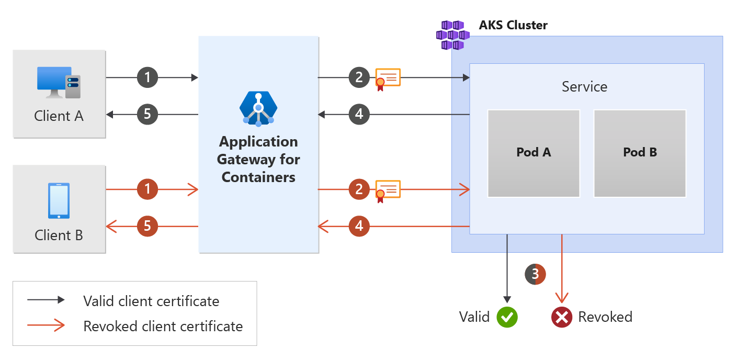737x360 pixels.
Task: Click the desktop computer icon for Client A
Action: (x=59, y=82)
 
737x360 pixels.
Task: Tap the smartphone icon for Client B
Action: (x=59, y=200)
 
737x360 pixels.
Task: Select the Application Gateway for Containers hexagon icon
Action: (x=258, y=108)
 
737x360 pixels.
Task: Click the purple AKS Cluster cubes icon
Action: (x=452, y=35)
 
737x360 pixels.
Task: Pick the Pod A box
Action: (x=534, y=153)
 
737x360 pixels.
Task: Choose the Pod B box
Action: (x=640, y=153)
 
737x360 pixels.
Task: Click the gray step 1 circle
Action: (x=148, y=78)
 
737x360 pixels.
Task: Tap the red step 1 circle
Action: (x=148, y=189)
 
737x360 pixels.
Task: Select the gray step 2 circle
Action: (x=359, y=78)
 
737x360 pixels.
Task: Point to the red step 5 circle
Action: (x=148, y=227)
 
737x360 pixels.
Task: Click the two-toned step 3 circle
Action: (x=535, y=274)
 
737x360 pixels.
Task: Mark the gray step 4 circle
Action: (x=359, y=114)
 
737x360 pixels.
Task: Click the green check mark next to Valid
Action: (x=507, y=317)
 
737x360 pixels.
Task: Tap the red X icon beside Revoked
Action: (x=562, y=317)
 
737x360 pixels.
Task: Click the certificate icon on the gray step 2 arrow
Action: (x=388, y=79)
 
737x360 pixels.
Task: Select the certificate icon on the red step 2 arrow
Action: (x=388, y=190)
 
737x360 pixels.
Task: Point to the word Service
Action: (x=584, y=86)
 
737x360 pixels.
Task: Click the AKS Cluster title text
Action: (x=513, y=25)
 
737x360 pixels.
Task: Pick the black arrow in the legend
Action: (x=46, y=300)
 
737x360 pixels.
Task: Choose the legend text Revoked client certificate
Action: (x=163, y=327)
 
